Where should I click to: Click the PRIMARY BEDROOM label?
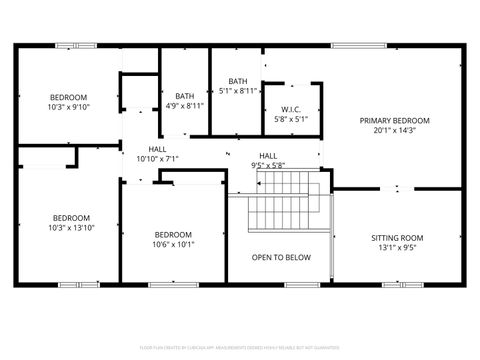(x=396, y=119)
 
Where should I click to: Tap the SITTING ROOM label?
(x=397, y=238)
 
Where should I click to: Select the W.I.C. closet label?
(x=291, y=109)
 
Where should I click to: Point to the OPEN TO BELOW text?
(x=280, y=257)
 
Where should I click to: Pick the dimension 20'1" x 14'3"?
(x=396, y=129)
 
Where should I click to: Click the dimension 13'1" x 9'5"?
(x=397, y=248)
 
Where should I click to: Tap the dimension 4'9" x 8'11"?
(x=185, y=105)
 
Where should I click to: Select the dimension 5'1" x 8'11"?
(x=238, y=91)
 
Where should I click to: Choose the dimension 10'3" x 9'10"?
(x=69, y=107)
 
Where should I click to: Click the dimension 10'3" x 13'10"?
(x=71, y=228)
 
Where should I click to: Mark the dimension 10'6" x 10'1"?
(x=173, y=244)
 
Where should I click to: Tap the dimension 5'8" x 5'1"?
(x=291, y=119)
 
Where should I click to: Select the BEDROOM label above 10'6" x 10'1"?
(x=173, y=234)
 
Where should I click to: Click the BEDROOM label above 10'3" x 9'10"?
(x=69, y=97)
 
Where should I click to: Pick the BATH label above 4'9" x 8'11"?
(x=185, y=95)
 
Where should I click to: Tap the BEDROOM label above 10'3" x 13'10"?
(x=71, y=218)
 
